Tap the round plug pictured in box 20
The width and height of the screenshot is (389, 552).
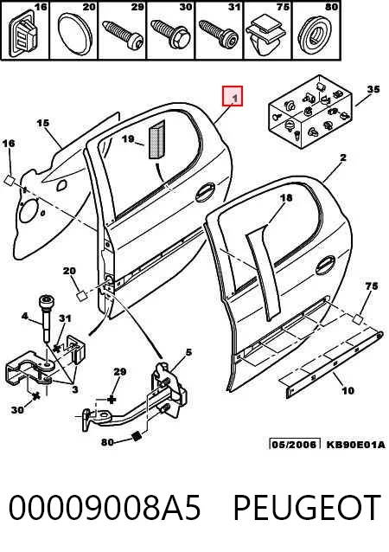74,34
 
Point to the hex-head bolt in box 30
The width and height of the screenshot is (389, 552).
170,34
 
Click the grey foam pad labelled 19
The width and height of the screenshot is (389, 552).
156,140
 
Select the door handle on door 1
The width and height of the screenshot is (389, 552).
205,192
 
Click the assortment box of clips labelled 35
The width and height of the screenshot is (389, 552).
310,112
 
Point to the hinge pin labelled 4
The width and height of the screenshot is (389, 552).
48,318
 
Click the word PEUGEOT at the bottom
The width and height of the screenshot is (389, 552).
307,507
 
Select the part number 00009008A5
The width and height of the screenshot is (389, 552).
104,507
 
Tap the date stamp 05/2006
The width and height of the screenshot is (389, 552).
295,444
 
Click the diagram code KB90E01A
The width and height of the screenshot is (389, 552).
355,444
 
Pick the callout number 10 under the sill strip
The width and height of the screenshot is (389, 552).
348,390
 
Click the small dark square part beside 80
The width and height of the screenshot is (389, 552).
136,436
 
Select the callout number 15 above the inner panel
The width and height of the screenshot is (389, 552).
43,123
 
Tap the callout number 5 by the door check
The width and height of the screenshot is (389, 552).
188,352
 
